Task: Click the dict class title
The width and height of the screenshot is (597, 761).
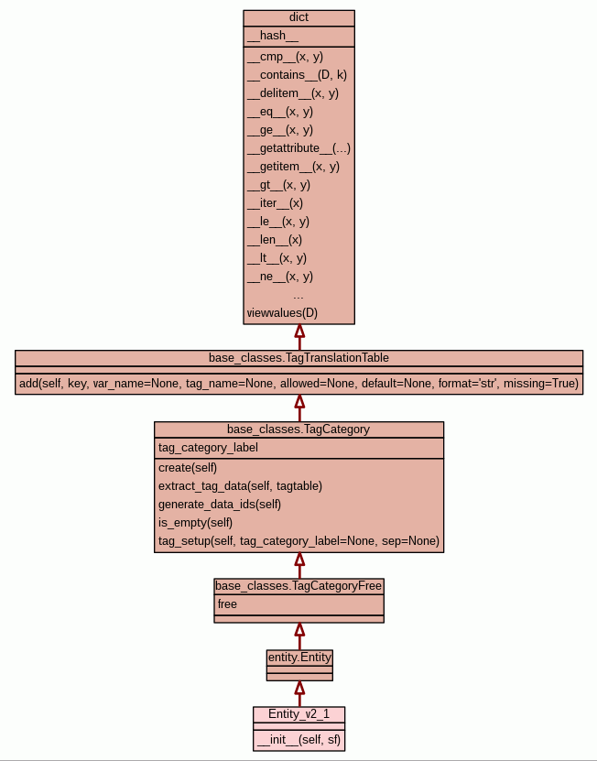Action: coord(298,17)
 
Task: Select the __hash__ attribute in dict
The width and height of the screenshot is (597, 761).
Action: coord(273,36)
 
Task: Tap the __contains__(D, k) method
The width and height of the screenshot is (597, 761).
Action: coord(297,74)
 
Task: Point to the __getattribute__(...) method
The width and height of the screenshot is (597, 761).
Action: coord(298,147)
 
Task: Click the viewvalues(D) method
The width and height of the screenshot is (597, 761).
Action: coord(282,313)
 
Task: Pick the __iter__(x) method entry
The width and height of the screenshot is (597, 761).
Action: coord(275,202)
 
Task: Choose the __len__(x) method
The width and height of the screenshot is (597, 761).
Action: coord(275,240)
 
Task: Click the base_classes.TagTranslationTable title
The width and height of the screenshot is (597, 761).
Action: coord(298,357)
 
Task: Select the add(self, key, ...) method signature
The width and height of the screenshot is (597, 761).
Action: coord(298,384)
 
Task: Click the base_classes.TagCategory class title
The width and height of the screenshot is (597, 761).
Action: coord(298,429)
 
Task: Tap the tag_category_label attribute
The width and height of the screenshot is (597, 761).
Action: coord(208,448)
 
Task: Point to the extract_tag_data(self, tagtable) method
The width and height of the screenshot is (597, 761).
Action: coord(240,485)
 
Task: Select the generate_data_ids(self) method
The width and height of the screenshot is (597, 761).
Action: coord(220,504)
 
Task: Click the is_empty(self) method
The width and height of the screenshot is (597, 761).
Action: coord(196,522)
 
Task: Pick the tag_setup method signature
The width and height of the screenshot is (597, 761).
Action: coord(298,541)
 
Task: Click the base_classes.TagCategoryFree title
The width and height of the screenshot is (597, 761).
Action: coord(298,585)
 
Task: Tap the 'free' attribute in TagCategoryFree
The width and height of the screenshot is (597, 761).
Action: coord(227,604)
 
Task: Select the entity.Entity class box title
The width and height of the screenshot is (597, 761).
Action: coord(299,657)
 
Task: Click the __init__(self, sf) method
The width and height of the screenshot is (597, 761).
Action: coord(299,740)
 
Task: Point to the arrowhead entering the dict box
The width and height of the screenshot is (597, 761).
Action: coord(299,332)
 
